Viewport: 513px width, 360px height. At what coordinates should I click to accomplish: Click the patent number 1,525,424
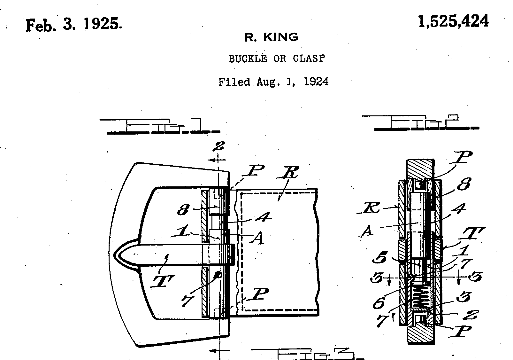click(x=453, y=22)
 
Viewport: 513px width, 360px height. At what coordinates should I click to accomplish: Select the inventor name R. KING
click(x=271, y=37)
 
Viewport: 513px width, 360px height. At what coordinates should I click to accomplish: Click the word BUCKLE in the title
click(x=248, y=59)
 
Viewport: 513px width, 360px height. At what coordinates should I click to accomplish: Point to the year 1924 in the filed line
click(x=316, y=82)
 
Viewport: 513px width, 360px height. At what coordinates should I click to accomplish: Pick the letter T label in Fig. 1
click(x=163, y=281)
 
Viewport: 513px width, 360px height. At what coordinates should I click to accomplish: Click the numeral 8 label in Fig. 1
click(x=184, y=210)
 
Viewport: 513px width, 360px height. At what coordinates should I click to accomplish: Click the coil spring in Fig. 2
click(x=421, y=296)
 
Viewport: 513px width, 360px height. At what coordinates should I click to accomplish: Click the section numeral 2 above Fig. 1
click(x=219, y=147)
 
